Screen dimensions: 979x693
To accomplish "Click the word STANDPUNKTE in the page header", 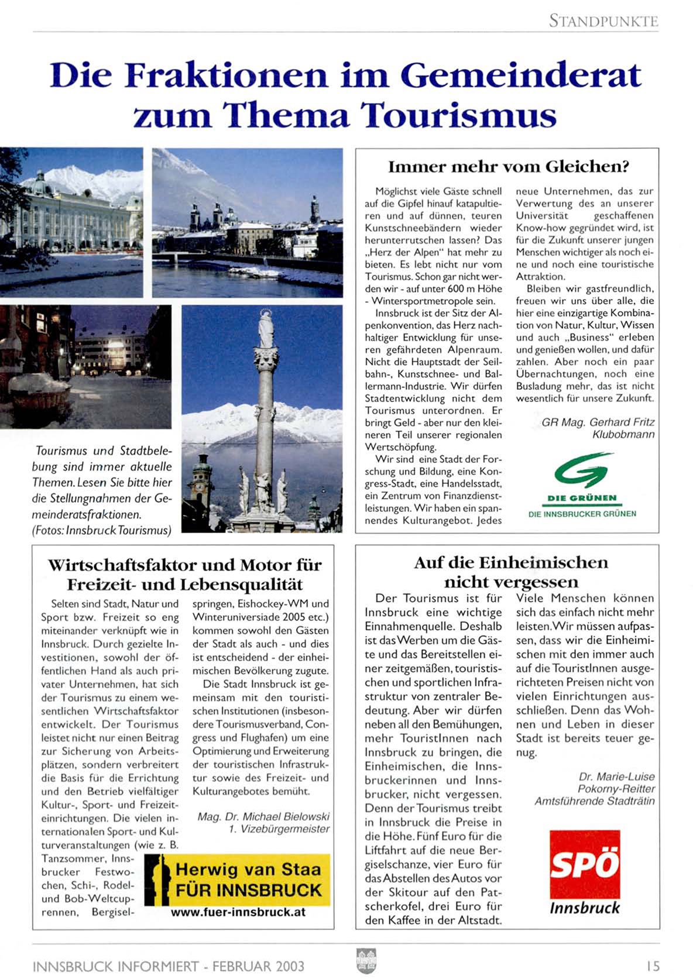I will tap(603, 21).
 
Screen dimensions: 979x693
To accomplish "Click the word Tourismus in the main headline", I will tap(458, 115).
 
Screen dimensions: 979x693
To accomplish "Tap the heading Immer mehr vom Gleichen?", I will tap(508, 167).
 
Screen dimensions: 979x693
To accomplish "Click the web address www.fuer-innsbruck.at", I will tap(238, 912).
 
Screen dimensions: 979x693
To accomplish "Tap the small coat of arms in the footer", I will tap(366, 961).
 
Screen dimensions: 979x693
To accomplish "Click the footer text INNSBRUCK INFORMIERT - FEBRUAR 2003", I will tap(169, 966).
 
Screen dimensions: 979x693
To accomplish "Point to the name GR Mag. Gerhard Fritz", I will tap(598, 422).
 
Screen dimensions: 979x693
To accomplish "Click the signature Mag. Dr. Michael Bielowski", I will tap(263, 816).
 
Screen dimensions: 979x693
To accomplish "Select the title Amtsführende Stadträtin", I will tap(594, 801).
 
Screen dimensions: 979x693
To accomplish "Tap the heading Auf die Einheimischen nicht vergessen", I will tap(510, 572).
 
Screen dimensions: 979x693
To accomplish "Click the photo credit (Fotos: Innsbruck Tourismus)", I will tap(102, 530).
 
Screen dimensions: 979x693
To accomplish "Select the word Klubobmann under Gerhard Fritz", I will tap(623, 434).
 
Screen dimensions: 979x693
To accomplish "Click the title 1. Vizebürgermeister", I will tap(279, 829).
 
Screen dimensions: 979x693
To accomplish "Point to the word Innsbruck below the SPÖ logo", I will tap(584, 908).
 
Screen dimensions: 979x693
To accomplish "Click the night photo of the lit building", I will tap(85, 366).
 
